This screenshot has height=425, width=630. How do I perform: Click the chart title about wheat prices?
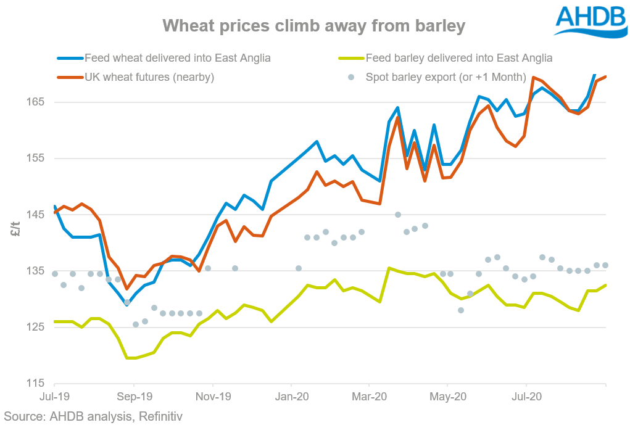313,26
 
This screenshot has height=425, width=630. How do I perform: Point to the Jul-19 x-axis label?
54,398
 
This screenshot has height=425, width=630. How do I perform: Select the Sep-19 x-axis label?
134,398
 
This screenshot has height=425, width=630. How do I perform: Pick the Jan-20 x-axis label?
291,398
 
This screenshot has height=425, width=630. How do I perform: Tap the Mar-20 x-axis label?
369,398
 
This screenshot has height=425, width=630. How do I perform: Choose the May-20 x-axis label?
447,398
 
